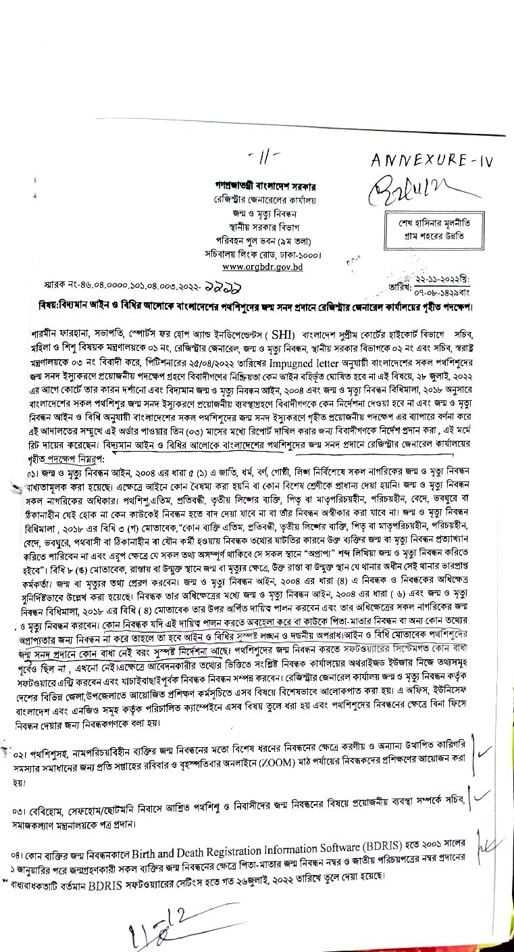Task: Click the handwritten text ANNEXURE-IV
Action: coord(432,160)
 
